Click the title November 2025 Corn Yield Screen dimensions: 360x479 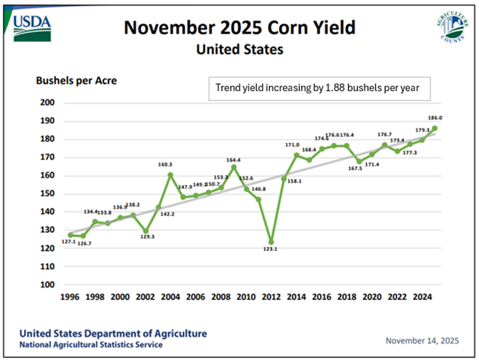[239, 28]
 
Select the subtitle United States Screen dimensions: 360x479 [239, 49]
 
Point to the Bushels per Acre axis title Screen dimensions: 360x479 [76, 81]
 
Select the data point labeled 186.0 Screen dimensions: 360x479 [434, 128]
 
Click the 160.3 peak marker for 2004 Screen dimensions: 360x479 [171, 175]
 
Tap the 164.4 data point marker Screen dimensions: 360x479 [234, 167]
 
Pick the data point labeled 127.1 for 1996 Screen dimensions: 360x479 [71, 235]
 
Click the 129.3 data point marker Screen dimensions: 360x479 [146, 231]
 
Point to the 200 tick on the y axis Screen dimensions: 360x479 [47, 102]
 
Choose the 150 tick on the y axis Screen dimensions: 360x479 [47, 194]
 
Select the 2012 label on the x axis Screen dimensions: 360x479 [271, 297]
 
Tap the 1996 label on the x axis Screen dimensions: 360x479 [71, 297]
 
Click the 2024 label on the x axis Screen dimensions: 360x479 [422, 297]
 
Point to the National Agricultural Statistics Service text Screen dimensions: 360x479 [90, 345]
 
